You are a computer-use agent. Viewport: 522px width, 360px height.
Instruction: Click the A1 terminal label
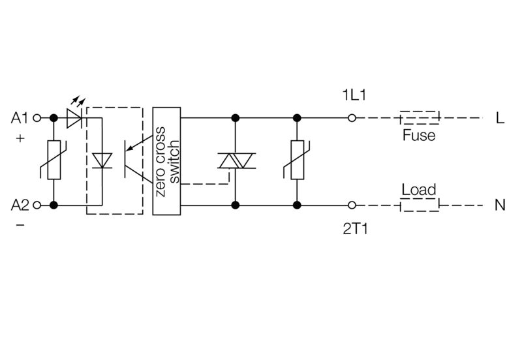pos(20,118)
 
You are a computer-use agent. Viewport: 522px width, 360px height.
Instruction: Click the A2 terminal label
pos(20,205)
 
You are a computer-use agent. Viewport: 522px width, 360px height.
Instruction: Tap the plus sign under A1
pos(19,138)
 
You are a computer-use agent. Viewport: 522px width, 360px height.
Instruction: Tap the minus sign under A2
pos(19,225)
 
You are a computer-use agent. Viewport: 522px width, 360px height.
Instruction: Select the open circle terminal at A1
pos(37,118)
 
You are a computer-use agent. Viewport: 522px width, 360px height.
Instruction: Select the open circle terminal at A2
pos(37,205)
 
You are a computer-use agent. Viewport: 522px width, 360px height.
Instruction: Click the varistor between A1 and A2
pos(54,160)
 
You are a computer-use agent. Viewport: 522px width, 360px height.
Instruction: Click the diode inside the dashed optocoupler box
pos(102,160)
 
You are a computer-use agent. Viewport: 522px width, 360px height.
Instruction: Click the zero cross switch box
pos(166,160)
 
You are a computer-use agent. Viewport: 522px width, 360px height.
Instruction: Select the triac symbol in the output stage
pos(234,161)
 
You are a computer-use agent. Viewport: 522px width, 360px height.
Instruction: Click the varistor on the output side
pos(297,160)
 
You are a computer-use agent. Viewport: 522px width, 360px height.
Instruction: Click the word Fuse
pos(418,136)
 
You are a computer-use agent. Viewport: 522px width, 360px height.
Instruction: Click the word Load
pos(418,190)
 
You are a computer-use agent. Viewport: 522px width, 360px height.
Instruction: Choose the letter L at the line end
pos(500,119)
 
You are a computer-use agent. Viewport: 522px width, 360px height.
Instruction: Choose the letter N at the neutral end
pos(500,205)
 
